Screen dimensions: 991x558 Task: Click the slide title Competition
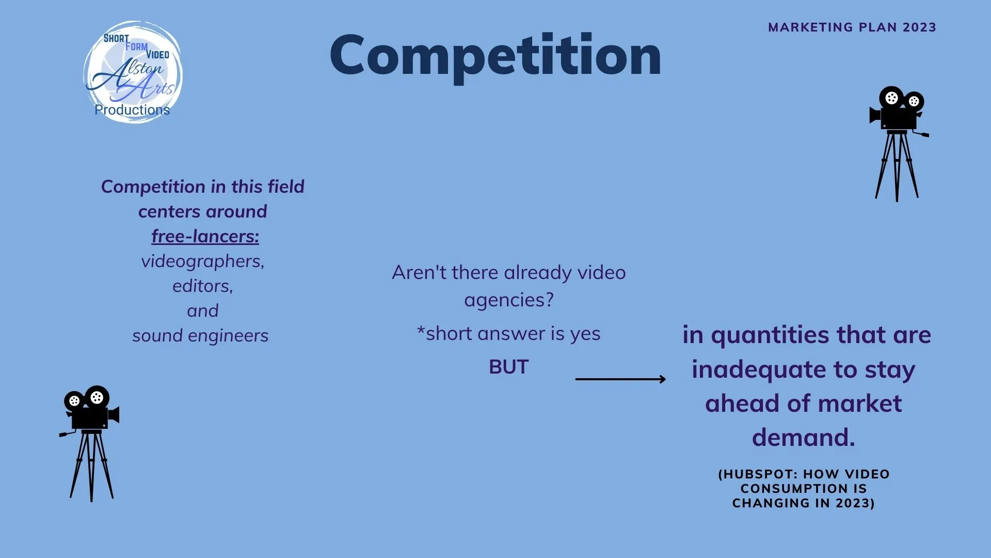[x=495, y=56]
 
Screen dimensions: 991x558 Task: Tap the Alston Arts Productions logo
[x=133, y=72]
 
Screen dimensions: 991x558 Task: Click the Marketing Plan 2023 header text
[x=852, y=27]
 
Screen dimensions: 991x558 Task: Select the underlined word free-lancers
[x=205, y=236]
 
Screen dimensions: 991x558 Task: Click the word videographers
[x=202, y=261]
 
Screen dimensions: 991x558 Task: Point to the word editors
[x=202, y=286]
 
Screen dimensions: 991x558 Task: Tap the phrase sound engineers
[x=200, y=336]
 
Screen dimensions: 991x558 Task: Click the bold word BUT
[x=509, y=367]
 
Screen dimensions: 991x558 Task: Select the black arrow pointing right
[x=620, y=379]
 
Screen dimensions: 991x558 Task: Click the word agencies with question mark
[x=509, y=300]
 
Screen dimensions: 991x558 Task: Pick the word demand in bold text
[x=804, y=437]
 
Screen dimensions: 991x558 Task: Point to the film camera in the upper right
[x=898, y=144]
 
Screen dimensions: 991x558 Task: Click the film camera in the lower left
[x=90, y=443]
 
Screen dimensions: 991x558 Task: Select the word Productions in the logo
[x=132, y=110]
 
